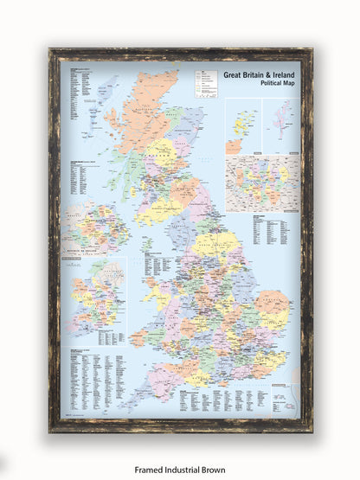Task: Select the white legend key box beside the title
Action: pos(208,83)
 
